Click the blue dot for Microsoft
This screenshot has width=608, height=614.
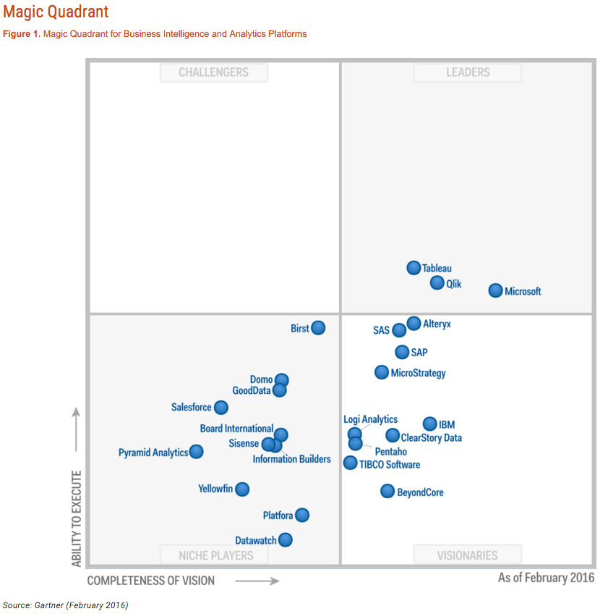tap(495, 290)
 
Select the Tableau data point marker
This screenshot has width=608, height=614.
tap(414, 268)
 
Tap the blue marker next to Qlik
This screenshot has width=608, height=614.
tap(437, 283)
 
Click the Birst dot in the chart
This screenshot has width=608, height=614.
tap(318, 328)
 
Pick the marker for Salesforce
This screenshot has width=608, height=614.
tap(221, 408)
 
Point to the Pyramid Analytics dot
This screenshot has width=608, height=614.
tap(196, 452)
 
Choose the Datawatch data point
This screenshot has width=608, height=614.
tap(286, 539)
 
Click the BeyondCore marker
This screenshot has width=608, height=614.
tap(388, 492)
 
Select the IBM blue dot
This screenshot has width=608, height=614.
tap(430, 424)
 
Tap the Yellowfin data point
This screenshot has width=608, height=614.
tap(242, 489)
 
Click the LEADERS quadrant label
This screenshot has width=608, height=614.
tap(467, 72)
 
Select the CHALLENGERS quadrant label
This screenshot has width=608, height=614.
tap(213, 72)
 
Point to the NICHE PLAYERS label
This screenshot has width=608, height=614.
tap(215, 555)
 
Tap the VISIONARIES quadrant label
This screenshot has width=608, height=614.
tap(467, 555)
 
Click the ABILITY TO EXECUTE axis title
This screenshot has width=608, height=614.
tap(77, 518)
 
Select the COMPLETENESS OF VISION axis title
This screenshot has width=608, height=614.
tap(151, 581)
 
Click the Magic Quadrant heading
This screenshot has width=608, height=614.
tap(56, 12)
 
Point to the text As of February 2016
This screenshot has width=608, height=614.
tap(546, 578)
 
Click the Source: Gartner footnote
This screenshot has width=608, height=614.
tap(65, 605)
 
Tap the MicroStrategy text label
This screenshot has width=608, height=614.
tap(418, 374)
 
